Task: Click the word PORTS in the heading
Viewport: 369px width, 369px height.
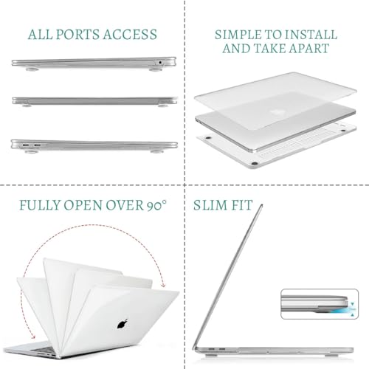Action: pos(78,35)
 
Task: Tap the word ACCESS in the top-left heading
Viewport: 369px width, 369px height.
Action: pos(130,35)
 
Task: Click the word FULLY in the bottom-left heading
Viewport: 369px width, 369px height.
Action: pos(40,205)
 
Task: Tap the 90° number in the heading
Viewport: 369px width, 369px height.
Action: pos(156,205)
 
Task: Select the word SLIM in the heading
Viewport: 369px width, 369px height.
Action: pos(209,205)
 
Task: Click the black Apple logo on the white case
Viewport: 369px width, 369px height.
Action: pos(123,324)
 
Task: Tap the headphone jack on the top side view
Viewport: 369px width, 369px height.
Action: pos(160,63)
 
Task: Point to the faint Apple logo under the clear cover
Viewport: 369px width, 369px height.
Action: pos(279,112)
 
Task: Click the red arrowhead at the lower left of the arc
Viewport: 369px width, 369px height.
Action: pos(33,337)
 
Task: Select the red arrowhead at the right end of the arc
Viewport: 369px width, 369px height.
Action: pos(162,285)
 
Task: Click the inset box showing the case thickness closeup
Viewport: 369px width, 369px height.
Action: pos(320,304)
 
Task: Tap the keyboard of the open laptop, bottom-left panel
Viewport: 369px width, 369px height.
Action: pos(44,350)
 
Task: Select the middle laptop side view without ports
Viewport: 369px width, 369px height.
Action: pos(94,101)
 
